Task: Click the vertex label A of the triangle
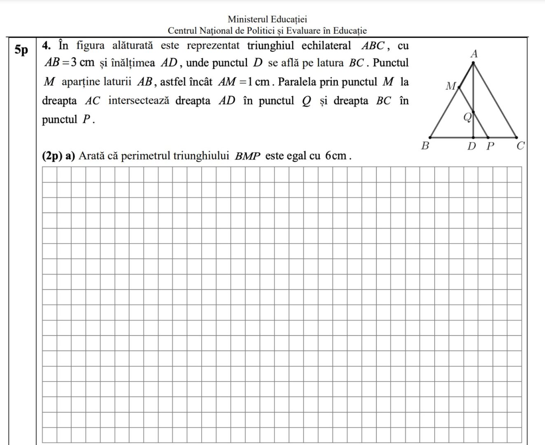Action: tap(474, 54)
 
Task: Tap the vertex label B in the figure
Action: tap(426, 145)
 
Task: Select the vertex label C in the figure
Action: tap(521, 145)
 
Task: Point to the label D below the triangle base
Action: tap(472, 145)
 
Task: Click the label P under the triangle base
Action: tap(489, 145)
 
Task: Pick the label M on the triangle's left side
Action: tap(451, 86)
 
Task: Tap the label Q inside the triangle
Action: tap(467, 117)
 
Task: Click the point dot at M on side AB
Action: tap(459, 87)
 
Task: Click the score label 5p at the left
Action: tap(21, 50)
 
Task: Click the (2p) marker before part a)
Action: tap(52, 156)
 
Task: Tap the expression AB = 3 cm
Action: tap(70, 63)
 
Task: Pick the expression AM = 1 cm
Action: tap(244, 82)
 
